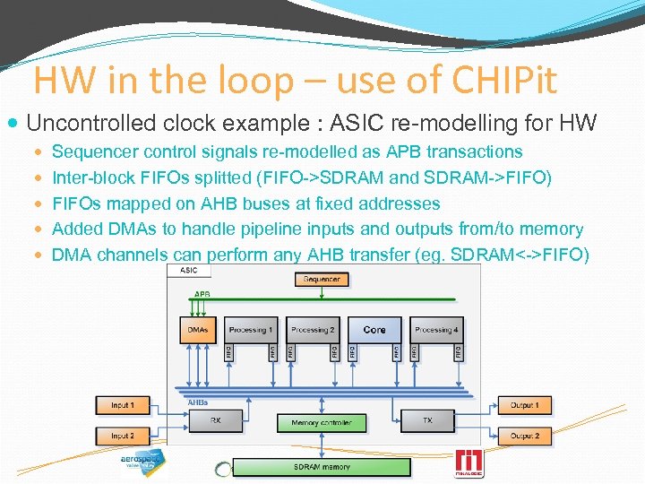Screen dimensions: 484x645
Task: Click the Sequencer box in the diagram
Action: [322, 280]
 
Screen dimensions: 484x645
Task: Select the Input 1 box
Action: [123, 406]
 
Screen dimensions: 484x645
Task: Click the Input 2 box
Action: [123, 436]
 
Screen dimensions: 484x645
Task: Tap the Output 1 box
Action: [524, 406]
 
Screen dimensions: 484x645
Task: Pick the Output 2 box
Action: [524, 436]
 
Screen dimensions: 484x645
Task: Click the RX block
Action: [216, 420]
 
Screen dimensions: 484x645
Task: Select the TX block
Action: [427, 420]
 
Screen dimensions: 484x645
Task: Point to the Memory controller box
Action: [322, 422]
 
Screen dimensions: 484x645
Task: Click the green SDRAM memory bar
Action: [322, 467]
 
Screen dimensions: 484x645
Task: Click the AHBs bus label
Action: [198, 402]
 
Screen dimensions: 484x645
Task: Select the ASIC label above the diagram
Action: [189, 270]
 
